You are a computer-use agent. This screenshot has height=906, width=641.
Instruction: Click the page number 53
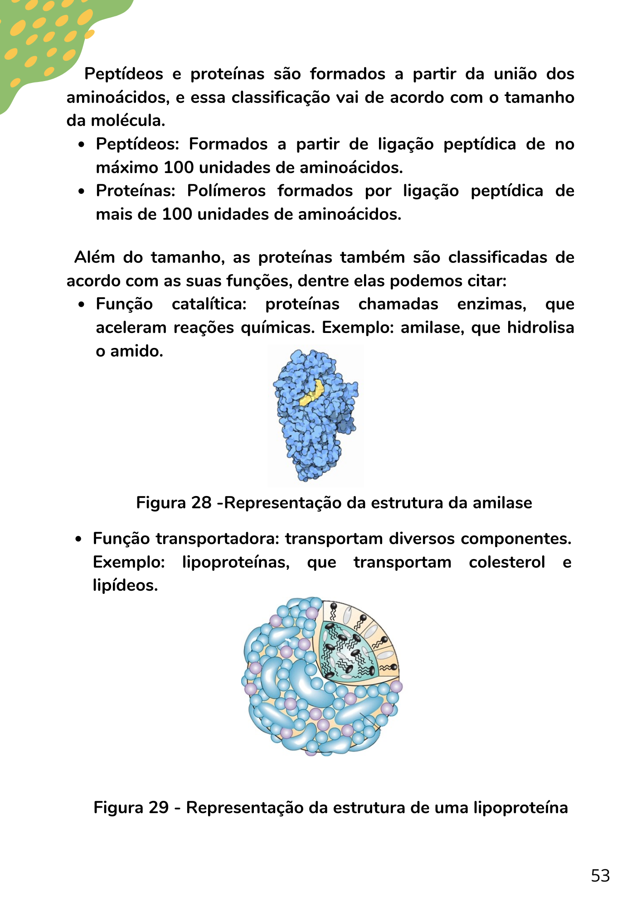[x=600, y=876]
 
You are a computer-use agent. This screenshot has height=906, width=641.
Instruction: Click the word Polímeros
[x=226, y=191]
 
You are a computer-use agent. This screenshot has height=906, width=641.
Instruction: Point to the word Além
[x=94, y=257]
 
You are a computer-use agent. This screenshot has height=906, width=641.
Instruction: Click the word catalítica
[x=209, y=304]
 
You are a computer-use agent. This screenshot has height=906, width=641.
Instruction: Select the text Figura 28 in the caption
[x=174, y=503]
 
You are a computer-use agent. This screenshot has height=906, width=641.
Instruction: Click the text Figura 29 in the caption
[x=131, y=808]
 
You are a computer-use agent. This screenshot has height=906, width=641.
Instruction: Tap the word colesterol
[x=507, y=562]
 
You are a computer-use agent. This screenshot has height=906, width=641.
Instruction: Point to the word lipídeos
[x=125, y=586]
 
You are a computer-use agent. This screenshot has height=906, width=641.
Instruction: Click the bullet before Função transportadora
[x=79, y=540]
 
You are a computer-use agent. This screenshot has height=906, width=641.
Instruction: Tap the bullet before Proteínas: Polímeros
[x=82, y=192]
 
